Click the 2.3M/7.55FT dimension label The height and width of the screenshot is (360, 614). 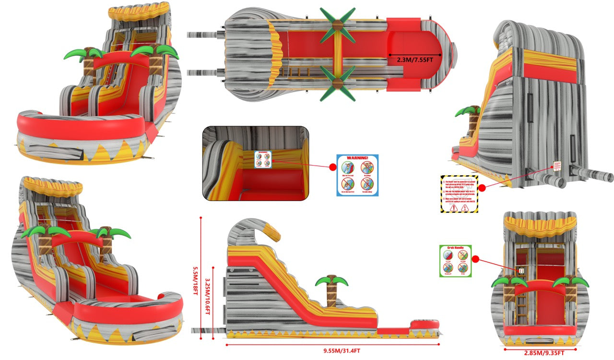point(414,60)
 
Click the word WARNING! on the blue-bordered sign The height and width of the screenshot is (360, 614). point(357,158)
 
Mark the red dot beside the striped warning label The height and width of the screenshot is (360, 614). point(483,188)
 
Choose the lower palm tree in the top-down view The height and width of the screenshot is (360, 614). point(338,84)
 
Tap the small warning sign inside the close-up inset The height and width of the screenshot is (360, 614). point(262,159)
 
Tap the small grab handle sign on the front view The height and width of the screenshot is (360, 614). point(520,271)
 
